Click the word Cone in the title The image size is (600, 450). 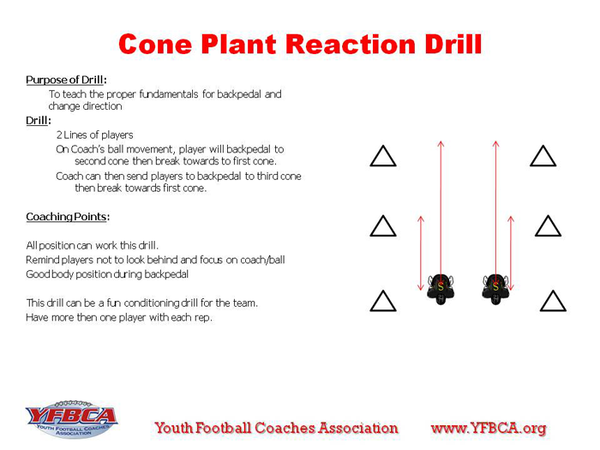click(x=155, y=44)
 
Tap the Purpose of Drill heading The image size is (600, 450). click(x=66, y=80)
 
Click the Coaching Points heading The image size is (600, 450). click(x=68, y=217)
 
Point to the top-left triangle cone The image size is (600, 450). click(x=383, y=156)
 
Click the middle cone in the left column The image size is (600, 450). click(x=383, y=225)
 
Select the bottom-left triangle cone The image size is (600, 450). click(x=383, y=301)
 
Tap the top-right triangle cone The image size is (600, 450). click(x=543, y=156)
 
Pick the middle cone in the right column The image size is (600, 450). click(x=548, y=225)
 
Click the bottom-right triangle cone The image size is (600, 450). click(x=553, y=301)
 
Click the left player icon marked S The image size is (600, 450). click(x=441, y=289)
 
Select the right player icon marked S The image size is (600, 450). click(x=495, y=289)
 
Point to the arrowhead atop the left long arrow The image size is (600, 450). click(x=441, y=143)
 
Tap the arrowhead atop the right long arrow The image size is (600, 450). click(x=496, y=143)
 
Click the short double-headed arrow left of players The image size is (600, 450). click(x=421, y=253)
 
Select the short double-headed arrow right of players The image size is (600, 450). click(x=511, y=253)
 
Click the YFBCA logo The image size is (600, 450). click(x=71, y=419)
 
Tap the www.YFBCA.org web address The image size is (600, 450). click(x=489, y=429)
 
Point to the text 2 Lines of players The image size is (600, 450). click(x=94, y=135)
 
